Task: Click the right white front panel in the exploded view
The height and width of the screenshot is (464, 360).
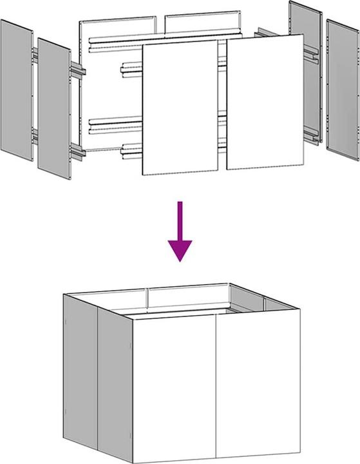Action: pos(264,102)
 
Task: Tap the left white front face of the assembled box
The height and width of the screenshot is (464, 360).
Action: pos(174,387)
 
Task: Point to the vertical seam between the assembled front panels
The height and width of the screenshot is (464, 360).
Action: pos(216,387)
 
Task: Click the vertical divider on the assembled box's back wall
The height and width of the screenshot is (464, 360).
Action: pos(149,297)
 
